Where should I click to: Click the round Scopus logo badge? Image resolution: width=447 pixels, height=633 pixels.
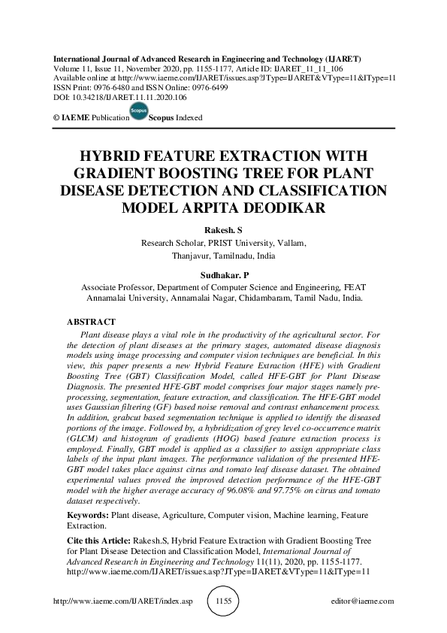(x=138, y=112)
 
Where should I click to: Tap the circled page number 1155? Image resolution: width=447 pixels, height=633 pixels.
(x=222, y=601)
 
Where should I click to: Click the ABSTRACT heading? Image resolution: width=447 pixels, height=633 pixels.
(x=91, y=321)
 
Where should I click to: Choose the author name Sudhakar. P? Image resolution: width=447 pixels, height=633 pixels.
(x=223, y=276)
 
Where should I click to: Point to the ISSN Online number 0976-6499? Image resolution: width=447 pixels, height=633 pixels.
(x=194, y=87)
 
